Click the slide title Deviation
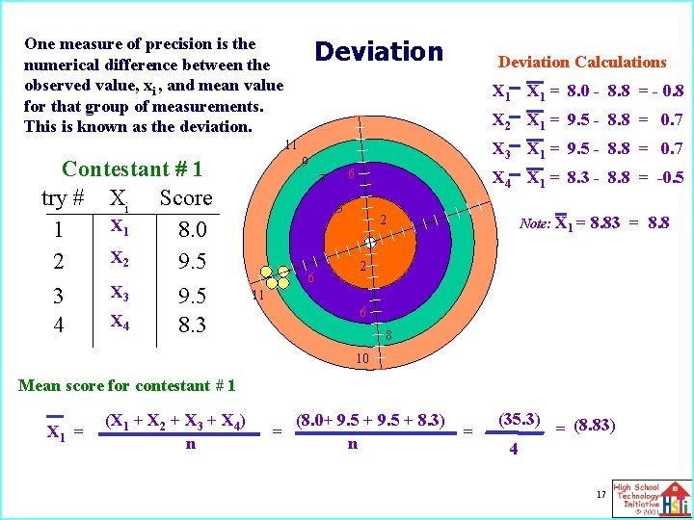click(x=379, y=52)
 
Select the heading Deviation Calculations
click(x=582, y=62)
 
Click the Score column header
click(x=185, y=198)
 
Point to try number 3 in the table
click(x=59, y=295)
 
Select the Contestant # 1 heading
click(x=131, y=169)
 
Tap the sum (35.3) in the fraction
click(x=520, y=420)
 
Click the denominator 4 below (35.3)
click(x=513, y=449)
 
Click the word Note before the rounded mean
click(x=535, y=222)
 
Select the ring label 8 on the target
click(x=387, y=335)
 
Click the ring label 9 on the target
click(x=304, y=161)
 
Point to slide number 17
click(x=600, y=494)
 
